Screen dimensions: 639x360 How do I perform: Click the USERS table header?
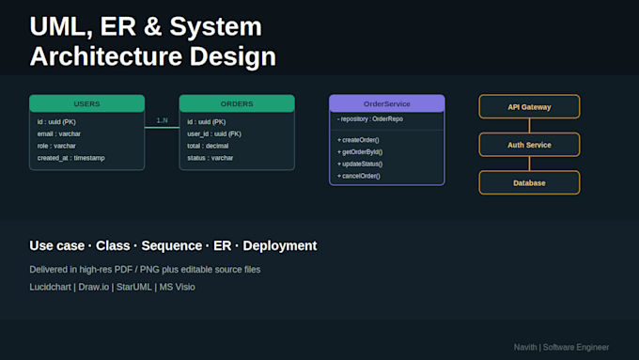pyautogui.click(x=86, y=103)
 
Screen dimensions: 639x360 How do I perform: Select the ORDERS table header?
pyautogui.click(x=237, y=103)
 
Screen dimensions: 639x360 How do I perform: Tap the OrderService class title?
pyautogui.click(x=387, y=103)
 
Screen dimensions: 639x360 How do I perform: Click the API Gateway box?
pyautogui.click(x=529, y=107)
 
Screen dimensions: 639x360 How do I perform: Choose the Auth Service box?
pyautogui.click(x=529, y=145)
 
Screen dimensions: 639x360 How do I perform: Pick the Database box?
pyautogui.click(x=529, y=182)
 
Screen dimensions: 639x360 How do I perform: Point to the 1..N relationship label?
pyautogui.click(x=163, y=120)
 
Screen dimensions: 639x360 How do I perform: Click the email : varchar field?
pyautogui.click(x=59, y=133)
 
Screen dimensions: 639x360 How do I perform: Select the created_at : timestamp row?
pyautogui.click(x=70, y=158)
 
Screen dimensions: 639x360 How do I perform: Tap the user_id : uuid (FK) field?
pyautogui.click(x=214, y=133)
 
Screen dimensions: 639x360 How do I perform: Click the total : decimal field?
pyautogui.click(x=208, y=146)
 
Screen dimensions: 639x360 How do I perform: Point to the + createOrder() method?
pyautogui.click(x=358, y=140)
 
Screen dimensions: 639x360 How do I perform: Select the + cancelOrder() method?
pyautogui.click(x=359, y=176)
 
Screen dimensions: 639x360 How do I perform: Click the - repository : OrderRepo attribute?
pyautogui.click(x=370, y=119)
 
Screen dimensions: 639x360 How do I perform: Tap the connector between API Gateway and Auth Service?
pyautogui.click(x=529, y=126)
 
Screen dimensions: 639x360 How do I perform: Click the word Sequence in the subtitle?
pyautogui.click(x=172, y=246)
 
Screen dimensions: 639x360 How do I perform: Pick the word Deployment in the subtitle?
pyautogui.click(x=280, y=246)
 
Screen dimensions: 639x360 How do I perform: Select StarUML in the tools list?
pyautogui.click(x=134, y=287)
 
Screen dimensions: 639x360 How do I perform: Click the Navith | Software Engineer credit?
pyautogui.click(x=561, y=348)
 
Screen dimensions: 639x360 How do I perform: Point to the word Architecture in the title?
pyautogui.click(x=105, y=56)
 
